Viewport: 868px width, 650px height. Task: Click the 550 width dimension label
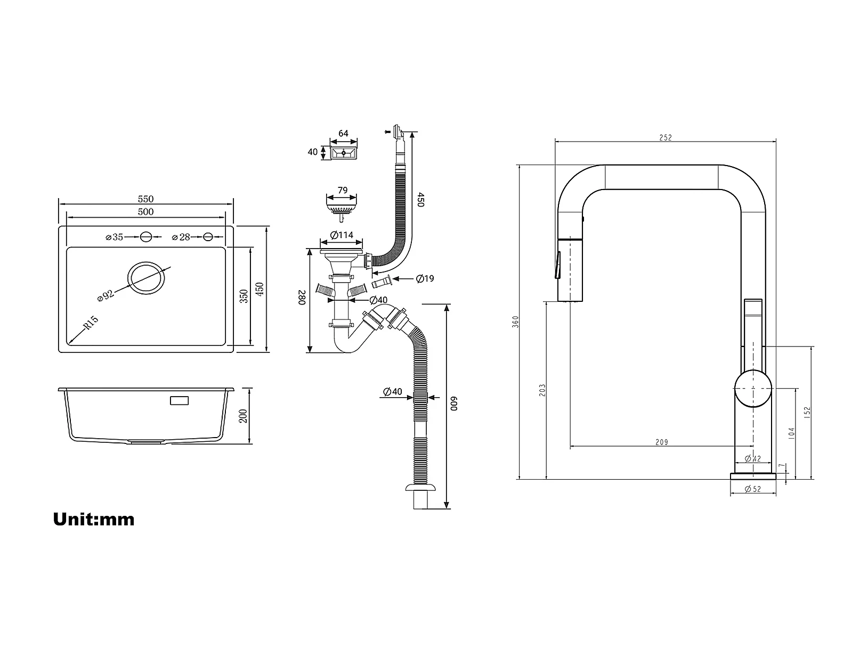pos(145,199)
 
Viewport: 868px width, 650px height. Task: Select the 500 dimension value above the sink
pos(145,212)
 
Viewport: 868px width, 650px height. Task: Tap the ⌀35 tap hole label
pos(114,237)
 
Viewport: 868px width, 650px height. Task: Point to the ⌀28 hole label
pos(181,237)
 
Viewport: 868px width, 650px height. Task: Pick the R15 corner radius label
pos(91,323)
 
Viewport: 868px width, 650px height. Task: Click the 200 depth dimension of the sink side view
pos(243,416)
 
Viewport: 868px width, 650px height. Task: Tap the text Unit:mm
pos(94,519)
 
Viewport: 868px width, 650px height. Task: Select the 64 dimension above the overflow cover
pos(343,134)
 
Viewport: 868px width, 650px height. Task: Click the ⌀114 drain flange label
pos(342,235)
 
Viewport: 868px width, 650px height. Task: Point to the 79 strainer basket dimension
pos(343,191)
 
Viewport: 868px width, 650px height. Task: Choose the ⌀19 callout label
pos(425,279)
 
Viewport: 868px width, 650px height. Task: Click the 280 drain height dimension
pos(302,298)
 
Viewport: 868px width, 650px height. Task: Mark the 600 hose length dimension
pos(455,404)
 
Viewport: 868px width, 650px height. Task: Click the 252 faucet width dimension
pos(666,137)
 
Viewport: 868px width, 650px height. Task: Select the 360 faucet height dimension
pos(515,322)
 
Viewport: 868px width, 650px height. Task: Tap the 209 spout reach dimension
pos(662,442)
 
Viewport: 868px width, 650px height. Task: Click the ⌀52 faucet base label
pos(753,489)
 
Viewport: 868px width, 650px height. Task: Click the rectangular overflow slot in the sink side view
pos(179,400)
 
